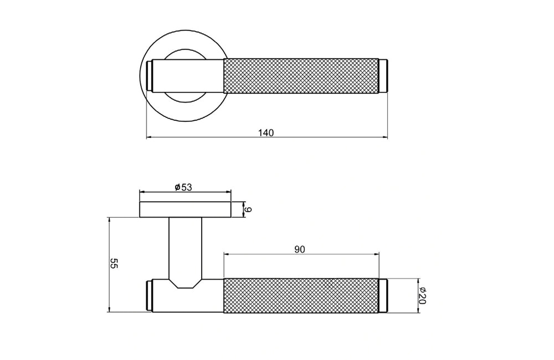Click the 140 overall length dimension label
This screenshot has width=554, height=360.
click(x=266, y=132)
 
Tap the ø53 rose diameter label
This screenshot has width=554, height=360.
click(x=183, y=187)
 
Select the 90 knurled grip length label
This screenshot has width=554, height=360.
click(x=300, y=249)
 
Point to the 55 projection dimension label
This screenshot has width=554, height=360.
click(x=114, y=264)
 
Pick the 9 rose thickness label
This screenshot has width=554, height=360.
click(x=249, y=210)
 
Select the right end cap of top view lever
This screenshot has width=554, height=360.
click(x=383, y=75)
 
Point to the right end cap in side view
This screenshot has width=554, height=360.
click(x=383, y=296)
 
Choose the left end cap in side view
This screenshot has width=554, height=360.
click(x=149, y=296)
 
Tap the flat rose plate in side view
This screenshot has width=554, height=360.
click(x=185, y=210)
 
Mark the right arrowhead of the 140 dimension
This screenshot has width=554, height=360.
click(x=385, y=137)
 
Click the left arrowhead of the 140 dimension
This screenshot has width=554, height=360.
click(x=149, y=137)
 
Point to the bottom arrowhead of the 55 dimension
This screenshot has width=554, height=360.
click(x=110, y=310)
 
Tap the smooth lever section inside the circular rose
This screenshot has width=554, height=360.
click(x=188, y=75)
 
